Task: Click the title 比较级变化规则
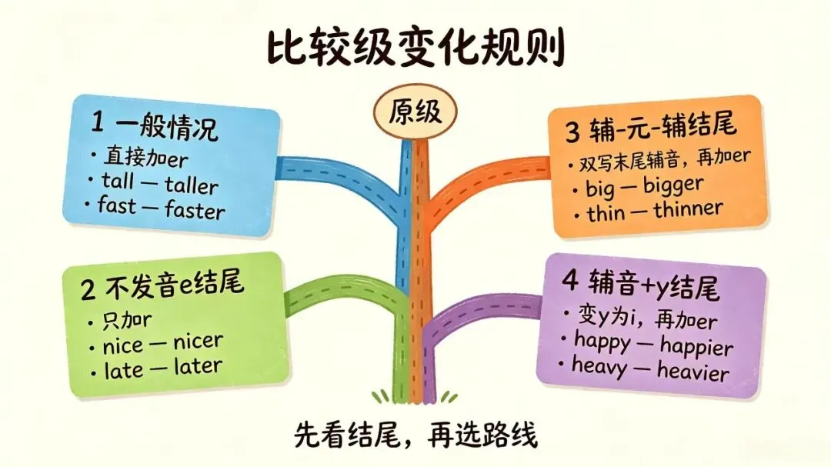415,48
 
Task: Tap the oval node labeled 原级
415,112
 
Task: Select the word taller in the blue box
192,185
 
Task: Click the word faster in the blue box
195,210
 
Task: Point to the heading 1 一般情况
154,125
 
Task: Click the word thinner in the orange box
688,209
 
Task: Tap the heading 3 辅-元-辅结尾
651,128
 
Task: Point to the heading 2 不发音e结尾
162,285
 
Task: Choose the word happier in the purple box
696,346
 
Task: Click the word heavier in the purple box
693,371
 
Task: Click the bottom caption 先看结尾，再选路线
415,435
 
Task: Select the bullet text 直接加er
145,157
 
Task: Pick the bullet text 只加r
127,320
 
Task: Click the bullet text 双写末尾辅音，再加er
665,159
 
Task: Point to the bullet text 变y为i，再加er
646,318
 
